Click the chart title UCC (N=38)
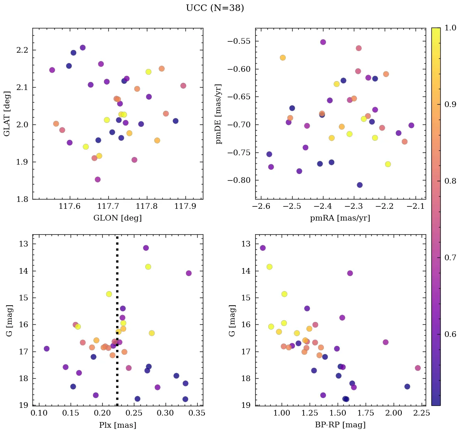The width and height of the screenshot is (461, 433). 215,8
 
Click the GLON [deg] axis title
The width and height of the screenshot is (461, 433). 117,218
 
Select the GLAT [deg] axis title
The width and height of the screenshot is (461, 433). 7,114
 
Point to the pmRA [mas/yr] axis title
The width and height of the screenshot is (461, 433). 340,218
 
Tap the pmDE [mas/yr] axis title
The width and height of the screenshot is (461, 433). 219,114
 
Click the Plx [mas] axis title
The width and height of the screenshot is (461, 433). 117,425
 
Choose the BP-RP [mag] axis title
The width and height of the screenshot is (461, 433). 340,425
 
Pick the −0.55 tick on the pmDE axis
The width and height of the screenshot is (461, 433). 239,41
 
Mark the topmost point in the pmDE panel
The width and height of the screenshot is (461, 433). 323,42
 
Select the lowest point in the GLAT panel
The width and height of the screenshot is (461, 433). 97,180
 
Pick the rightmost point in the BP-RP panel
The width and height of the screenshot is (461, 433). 418,368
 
